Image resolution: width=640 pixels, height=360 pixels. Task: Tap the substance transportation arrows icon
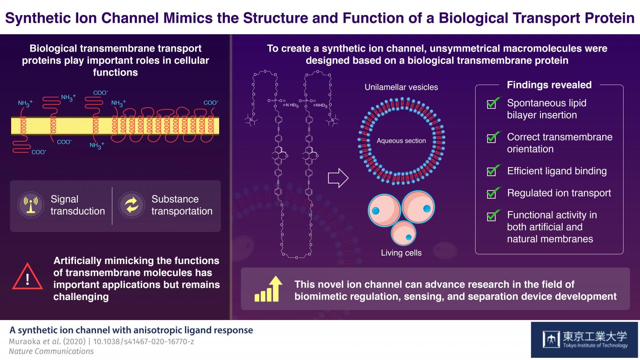(x=132, y=205)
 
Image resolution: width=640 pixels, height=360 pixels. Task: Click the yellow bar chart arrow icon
(x=269, y=289)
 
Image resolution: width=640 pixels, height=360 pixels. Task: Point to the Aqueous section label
(x=401, y=141)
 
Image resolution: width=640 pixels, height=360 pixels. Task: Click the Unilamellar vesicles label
(x=401, y=87)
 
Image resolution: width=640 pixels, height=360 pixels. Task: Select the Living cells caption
(x=401, y=253)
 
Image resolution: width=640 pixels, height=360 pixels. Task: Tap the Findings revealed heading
(x=549, y=85)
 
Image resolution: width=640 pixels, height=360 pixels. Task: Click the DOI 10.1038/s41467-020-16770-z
(x=147, y=341)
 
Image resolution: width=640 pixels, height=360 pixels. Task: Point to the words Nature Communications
(x=52, y=351)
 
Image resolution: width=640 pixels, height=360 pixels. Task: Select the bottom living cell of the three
(x=404, y=232)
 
